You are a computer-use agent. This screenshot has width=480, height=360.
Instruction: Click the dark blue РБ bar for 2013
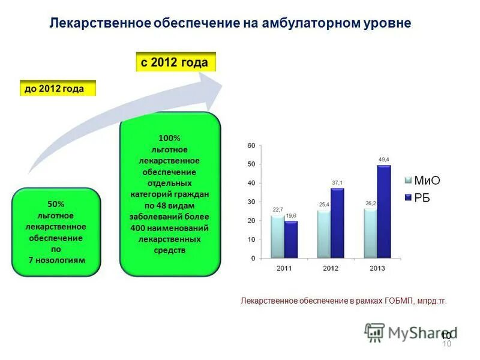383,211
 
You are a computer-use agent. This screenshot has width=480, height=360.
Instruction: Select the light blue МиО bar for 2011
277,236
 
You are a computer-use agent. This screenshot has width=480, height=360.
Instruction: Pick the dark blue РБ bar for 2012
337,223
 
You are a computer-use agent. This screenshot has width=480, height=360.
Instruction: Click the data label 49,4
384,159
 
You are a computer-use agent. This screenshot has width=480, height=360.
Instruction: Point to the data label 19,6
291,215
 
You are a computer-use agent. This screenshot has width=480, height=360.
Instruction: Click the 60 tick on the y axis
251,146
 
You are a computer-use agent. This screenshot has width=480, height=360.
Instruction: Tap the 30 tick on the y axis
251,202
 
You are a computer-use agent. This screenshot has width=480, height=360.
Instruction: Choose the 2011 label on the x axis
284,268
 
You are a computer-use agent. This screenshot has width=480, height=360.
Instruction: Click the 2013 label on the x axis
377,268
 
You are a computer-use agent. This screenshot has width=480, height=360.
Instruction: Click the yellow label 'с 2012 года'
175,62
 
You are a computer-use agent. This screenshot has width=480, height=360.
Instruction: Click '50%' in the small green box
55,204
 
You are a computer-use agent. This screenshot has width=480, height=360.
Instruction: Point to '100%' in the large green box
169,139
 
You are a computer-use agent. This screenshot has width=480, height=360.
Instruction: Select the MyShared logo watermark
410,332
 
